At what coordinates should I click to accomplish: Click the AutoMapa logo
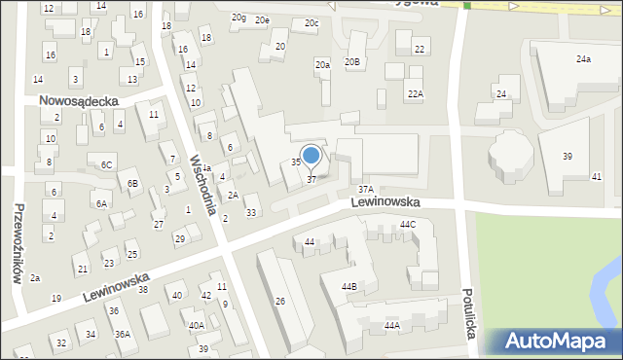(559, 342)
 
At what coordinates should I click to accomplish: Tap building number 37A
(365, 190)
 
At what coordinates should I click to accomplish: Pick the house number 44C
(408, 225)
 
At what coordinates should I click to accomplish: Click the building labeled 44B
(348, 286)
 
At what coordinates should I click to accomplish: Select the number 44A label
(391, 325)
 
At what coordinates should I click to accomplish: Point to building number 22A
(415, 93)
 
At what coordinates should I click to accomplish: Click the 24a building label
(583, 59)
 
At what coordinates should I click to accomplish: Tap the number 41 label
(597, 176)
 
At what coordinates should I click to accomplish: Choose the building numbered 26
(279, 302)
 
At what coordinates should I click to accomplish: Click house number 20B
(352, 62)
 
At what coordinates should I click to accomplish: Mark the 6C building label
(106, 164)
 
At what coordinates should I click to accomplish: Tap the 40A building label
(196, 326)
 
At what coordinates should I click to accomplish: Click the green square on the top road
(467, 6)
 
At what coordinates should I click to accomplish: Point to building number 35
(296, 162)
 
